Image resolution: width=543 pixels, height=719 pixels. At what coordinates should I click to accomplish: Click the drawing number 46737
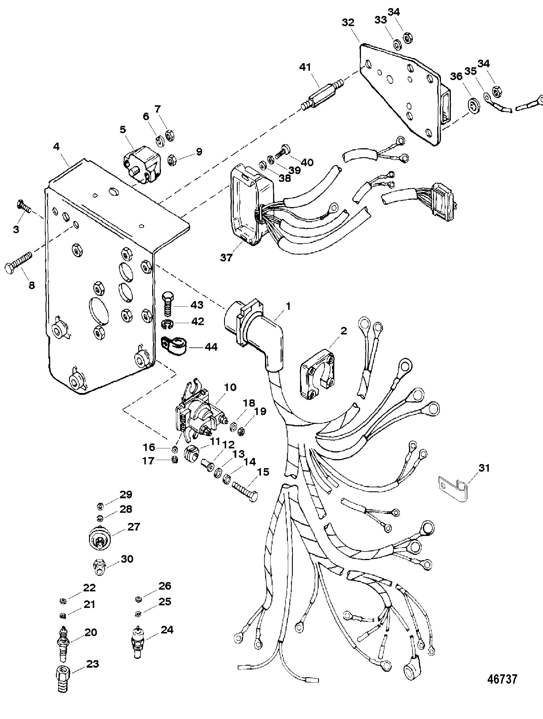(x=502, y=679)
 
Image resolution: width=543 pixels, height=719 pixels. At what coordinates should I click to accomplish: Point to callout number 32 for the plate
(x=348, y=23)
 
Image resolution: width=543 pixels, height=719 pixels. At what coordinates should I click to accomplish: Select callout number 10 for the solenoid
(x=230, y=387)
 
